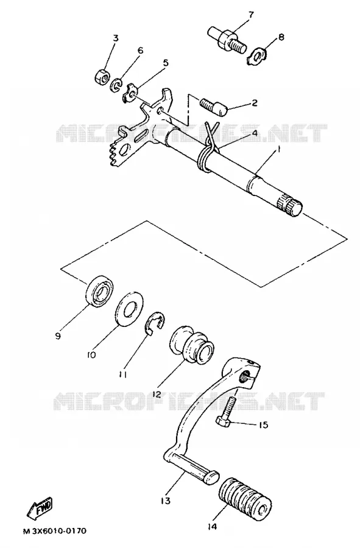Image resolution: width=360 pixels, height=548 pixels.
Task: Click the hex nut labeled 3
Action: pyautogui.click(x=103, y=76)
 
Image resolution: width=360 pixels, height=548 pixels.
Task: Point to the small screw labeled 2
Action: pyautogui.click(x=214, y=107)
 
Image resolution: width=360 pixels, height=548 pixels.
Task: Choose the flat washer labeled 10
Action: pyautogui.click(x=129, y=308)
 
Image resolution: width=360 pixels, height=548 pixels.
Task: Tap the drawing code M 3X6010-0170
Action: pyautogui.click(x=55, y=531)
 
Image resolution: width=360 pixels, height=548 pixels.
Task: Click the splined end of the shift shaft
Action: pyautogui.click(x=290, y=207)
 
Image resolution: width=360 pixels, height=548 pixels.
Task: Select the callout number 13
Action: pyautogui.click(x=166, y=501)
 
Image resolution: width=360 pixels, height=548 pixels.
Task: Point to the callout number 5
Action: pyautogui.click(x=166, y=63)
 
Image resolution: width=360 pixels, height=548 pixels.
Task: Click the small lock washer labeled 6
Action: pyautogui.click(x=116, y=86)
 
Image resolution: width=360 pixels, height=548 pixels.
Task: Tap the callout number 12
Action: pyautogui.click(x=156, y=395)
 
